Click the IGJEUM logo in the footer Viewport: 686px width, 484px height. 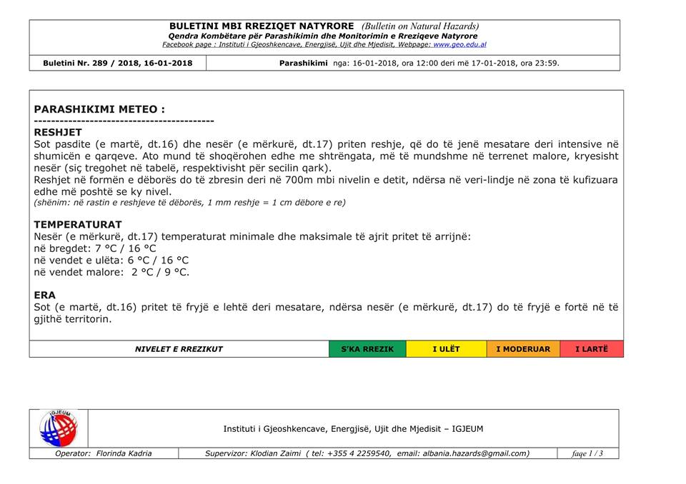(59, 428)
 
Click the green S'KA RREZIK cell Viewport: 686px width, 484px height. (367, 349)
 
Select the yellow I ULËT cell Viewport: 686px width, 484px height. (447, 349)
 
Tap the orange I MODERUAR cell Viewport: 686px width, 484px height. (523, 349)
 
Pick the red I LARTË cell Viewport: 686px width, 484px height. (592, 349)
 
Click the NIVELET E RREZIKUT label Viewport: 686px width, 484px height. (179, 349)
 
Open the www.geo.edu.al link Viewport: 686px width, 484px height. (459, 44)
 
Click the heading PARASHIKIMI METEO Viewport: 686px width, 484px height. (99, 109)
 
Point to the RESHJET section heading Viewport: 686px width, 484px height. (58, 132)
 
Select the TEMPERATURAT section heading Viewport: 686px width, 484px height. (78, 224)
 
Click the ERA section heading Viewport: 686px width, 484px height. (44, 295)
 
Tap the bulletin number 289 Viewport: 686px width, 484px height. (99, 63)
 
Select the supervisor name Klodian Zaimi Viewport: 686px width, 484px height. (275, 453)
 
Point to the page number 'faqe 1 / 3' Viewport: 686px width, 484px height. (587, 453)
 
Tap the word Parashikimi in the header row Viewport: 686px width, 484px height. (303, 63)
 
